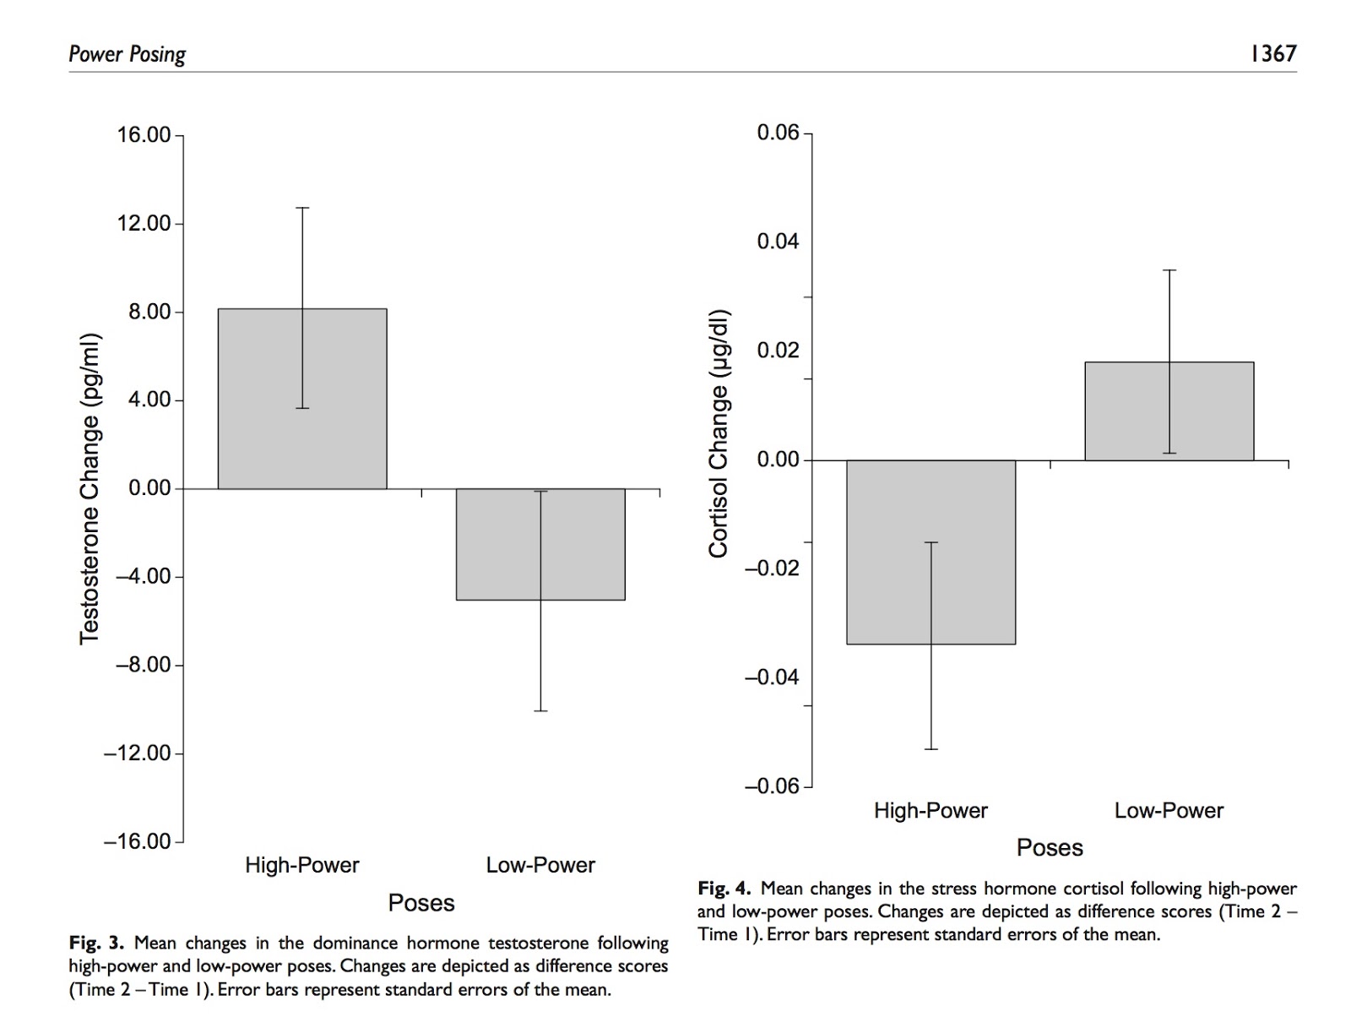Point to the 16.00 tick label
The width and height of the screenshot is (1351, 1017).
coord(144,135)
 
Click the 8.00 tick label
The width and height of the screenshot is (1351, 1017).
coord(150,312)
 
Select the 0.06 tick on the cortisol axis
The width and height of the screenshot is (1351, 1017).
coord(778,133)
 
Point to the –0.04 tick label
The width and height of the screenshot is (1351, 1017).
coord(772,677)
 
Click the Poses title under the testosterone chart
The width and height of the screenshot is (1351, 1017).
coord(421,903)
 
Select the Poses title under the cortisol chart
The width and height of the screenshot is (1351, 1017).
coord(1050,848)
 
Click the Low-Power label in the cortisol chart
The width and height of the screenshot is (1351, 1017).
coord(1169,811)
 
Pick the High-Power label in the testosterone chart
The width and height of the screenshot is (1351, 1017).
coord(302,865)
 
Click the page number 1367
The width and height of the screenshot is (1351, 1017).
coord(1272,54)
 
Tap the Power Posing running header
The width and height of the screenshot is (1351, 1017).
coord(127,55)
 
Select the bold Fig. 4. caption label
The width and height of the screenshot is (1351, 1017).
coord(724,889)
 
